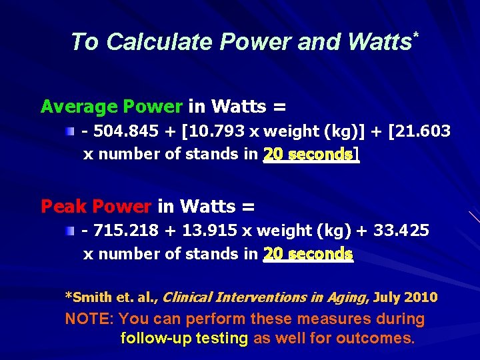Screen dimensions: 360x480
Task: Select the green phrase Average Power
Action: click(111, 106)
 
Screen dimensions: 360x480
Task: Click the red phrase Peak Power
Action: click(95, 206)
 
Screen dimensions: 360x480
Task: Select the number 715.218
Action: click(125, 231)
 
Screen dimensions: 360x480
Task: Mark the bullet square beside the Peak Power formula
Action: click(70, 231)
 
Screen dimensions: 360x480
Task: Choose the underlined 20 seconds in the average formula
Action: click(308, 155)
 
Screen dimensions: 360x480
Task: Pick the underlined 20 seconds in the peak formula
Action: click(308, 254)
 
